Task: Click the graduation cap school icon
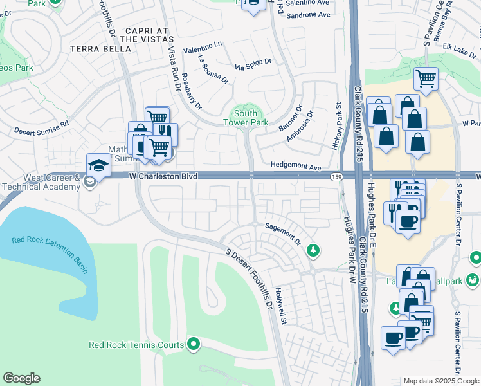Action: [x=99, y=165]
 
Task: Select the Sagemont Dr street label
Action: [x=283, y=234]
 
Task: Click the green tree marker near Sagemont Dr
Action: [x=313, y=250]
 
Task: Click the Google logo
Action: [x=21, y=378]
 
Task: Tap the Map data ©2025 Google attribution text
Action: [x=440, y=381]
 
